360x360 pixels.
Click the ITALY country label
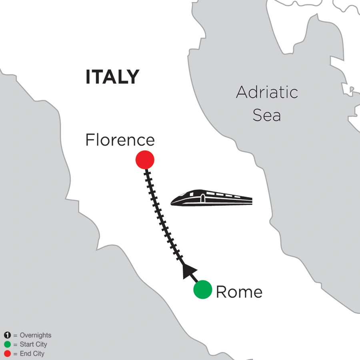click(112, 76)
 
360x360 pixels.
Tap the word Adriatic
click(267, 93)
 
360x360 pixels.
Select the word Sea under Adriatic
click(267, 116)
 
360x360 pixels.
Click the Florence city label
click(120, 140)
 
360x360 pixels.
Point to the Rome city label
click(239, 292)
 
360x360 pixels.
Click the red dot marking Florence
click(145, 159)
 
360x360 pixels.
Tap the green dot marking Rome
click(203, 290)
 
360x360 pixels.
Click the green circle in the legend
click(7, 344)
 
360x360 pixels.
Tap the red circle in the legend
click(7, 354)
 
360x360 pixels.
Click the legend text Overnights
click(35, 336)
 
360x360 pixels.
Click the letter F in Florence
click(90, 140)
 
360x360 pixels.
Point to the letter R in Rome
click(221, 292)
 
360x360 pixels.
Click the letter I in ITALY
click(88, 76)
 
